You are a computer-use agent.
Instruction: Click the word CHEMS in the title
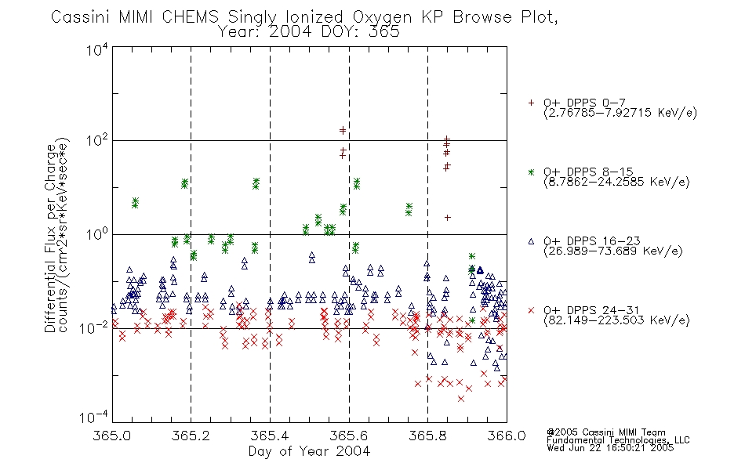[x=190, y=17]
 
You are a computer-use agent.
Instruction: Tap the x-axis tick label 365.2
[x=191, y=436]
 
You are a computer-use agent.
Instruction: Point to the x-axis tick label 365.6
[x=349, y=436]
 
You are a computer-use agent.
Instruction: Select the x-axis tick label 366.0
[x=507, y=436]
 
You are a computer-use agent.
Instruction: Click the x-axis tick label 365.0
[x=111, y=436]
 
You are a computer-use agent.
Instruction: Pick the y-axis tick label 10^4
[x=97, y=49]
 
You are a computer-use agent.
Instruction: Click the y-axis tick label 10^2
[x=97, y=141]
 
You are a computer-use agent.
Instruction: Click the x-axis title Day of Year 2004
[x=309, y=451]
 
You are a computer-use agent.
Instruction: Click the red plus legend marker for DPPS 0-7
[x=531, y=103]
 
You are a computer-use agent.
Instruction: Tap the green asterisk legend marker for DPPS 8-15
[x=531, y=172]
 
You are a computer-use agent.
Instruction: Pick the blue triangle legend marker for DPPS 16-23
[x=531, y=241]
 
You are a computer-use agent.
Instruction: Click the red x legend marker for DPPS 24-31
[x=531, y=310]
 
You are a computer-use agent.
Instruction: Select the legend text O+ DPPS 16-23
[x=591, y=240]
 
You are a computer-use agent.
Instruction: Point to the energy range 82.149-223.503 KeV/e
[x=616, y=320]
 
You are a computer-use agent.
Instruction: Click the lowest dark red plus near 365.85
[x=447, y=218]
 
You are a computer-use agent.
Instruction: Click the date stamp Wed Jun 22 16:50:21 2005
[x=610, y=448]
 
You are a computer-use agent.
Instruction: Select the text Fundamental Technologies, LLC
[x=618, y=440]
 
